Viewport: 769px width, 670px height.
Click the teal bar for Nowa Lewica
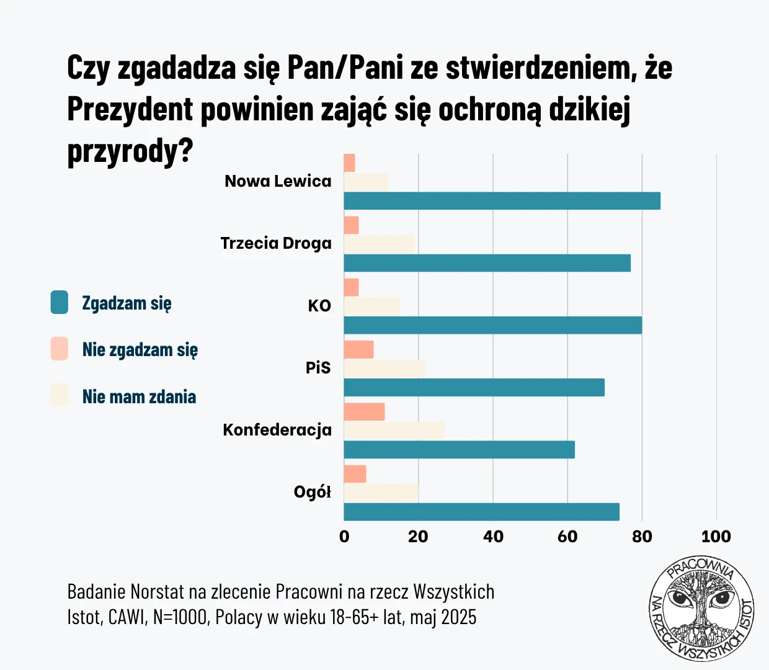(x=502, y=201)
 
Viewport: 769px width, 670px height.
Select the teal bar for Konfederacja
(x=459, y=450)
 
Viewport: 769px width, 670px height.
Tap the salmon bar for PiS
(x=358, y=350)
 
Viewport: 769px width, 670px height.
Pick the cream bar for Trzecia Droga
(x=378, y=244)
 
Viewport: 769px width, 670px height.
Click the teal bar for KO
(x=492, y=325)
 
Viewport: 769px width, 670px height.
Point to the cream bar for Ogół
(x=381, y=493)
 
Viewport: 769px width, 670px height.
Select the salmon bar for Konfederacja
(x=364, y=412)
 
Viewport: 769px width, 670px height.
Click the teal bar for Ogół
(x=481, y=512)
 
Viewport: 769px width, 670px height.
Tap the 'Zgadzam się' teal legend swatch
(x=60, y=303)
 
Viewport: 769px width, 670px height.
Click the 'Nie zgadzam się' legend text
(x=140, y=350)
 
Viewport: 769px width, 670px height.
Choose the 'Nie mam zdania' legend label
(x=139, y=397)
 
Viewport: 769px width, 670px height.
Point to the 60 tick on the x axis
(x=567, y=537)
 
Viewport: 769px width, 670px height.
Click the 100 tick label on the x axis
(x=716, y=537)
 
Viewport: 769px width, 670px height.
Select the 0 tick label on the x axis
(x=344, y=537)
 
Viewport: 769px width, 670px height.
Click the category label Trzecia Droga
(x=276, y=243)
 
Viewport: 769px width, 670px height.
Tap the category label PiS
(x=318, y=368)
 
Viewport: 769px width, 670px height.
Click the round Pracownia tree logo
(x=701, y=608)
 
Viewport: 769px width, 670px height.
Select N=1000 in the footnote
(x=180, y=618)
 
